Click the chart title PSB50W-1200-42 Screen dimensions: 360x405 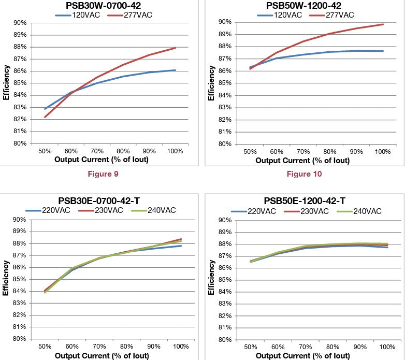(x=303, y=5)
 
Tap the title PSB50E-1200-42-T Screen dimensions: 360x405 (x=305, y=200)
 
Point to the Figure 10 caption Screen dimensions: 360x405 (x=304, y=174)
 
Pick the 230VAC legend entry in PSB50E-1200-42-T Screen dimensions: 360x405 (x=311, y=211)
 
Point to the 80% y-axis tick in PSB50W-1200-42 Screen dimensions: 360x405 (x=224, y=143)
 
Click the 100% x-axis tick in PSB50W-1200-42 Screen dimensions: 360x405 (x=383, y=151)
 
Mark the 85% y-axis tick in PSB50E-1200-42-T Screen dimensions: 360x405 (x=224, y=280)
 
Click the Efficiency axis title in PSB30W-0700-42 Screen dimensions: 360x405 (x=6, y=83)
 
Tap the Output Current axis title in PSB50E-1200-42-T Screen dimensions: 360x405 (x=305, y=356)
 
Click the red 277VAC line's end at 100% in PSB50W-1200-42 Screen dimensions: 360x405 (x=383, y=24)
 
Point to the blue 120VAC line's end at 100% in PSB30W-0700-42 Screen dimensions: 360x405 (x=176, y=70)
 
